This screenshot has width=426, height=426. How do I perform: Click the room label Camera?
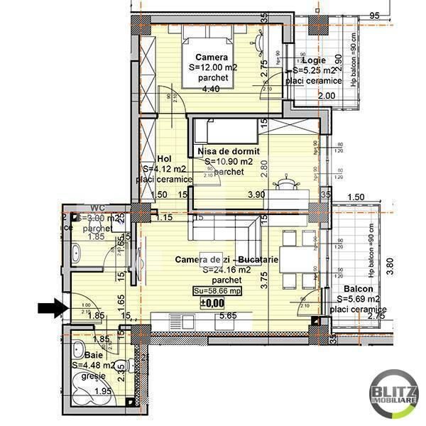pos(213,57)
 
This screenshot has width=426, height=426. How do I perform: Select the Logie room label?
pos(313,60)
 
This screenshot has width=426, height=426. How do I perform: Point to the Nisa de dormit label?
pos(229,151)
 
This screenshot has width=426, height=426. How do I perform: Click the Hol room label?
pos(164,158)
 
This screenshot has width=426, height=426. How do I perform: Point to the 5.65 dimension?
pos(227,316)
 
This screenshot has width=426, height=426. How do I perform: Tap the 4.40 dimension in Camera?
pos(211,89)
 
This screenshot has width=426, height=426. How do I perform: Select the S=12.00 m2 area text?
pos(213,67)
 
